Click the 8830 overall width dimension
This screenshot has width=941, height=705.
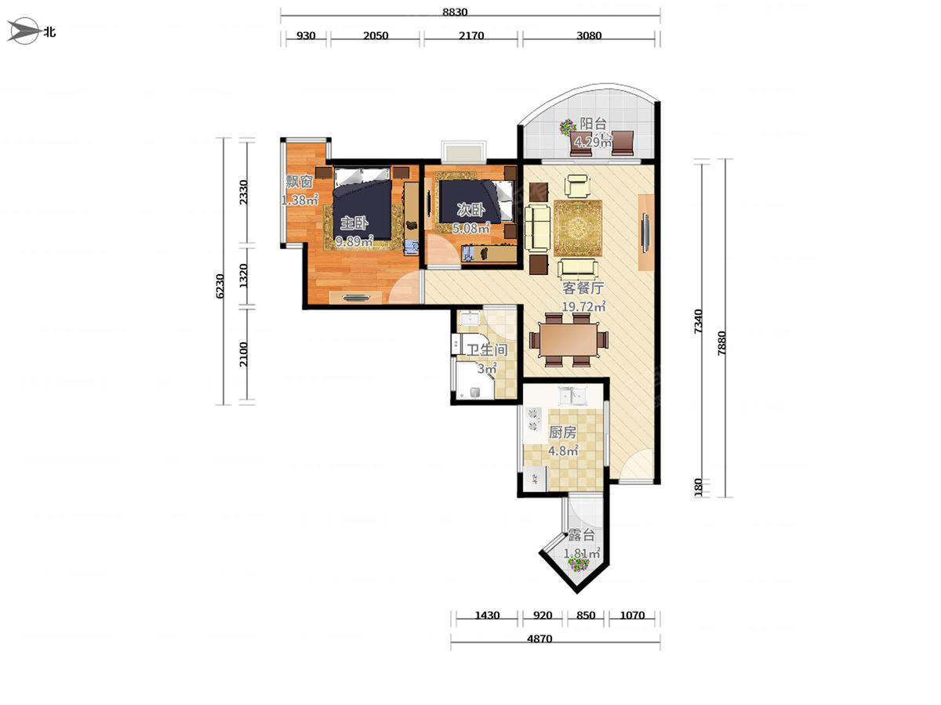coord(454,12)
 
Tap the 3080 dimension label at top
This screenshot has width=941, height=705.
coord(589,35)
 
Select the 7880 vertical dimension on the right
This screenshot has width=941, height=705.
coord(722,342)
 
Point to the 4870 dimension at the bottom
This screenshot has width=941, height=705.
coord(540,639)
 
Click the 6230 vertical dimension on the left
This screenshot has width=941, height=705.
coord(220,286)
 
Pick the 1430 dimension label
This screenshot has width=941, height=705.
coord(487,615)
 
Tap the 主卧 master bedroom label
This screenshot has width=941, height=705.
coord(354,222)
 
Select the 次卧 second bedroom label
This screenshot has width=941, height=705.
coord(470,210)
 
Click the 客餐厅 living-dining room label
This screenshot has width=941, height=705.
coord(583,288)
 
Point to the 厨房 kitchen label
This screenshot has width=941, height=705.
coord(562,432)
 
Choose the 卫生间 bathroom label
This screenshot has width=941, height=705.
coord(487,349)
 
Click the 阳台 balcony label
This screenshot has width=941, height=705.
coord(594,124)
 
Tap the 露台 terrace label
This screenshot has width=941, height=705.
coord(582,535)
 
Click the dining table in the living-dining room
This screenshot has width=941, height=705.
coord(569,339)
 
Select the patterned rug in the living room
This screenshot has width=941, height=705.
coord(577,228)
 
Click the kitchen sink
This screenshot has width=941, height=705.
coord(572,396)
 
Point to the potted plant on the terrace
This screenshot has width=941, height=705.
coord(578,564)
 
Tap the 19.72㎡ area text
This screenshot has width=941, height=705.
coord(583,306)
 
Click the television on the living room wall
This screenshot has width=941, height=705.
coord(645,233)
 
